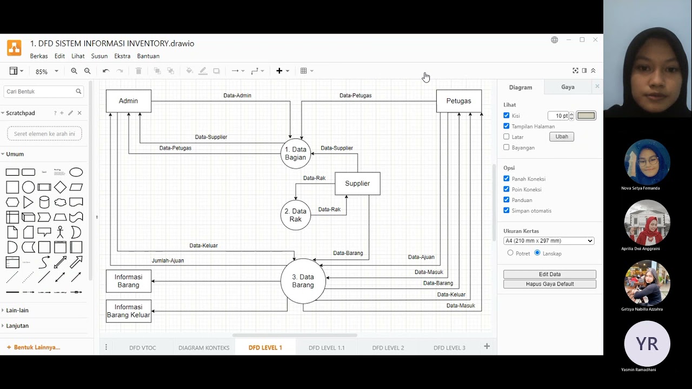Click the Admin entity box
coord(128,101)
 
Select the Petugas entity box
coord(458,101)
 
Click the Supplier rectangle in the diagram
coord(357,184)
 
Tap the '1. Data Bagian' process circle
coord(296,153)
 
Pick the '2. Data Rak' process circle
coord(296,215)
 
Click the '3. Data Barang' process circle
coord(303,281)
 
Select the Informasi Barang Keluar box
coord(128,311)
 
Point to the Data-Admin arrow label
coord(237,96)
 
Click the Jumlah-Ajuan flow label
coord(168,260)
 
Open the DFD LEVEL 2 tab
coord(388,347)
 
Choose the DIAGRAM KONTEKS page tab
coord(204,347)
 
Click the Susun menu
coord(99,56)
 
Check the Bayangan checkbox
coord(507,147)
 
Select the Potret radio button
coord(510,253)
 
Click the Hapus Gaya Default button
coord(549,284)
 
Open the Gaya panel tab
coord(568,87)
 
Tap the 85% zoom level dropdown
coord(46,71)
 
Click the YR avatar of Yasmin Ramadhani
coord(647,344)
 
